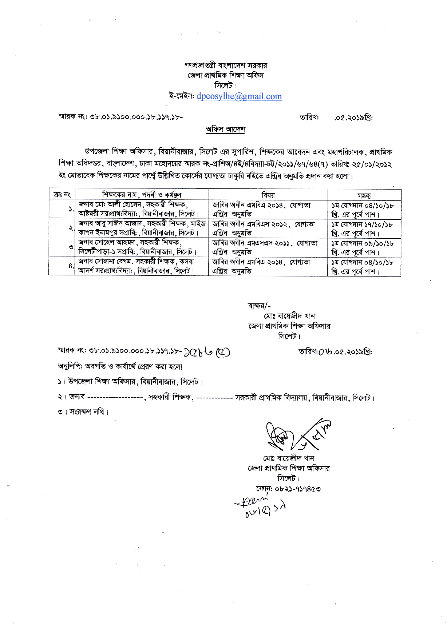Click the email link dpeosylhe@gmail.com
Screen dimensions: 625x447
coord(239,96)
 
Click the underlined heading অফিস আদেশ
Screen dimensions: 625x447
coord(225,130)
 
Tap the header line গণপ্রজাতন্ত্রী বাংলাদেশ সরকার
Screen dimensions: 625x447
coord(226,65)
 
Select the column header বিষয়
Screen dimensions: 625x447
coord(268,195)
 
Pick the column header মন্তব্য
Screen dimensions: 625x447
coord(364,195)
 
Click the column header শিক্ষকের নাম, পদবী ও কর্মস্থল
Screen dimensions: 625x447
coord(142,195)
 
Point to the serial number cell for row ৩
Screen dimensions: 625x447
coord(62,247)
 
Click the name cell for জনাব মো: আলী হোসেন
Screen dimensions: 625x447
coord(142,209)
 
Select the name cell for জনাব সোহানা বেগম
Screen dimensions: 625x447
coord(142,266)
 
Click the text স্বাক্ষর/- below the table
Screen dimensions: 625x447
coord(259,306)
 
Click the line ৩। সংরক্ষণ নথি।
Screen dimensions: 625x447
coord(83,412)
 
